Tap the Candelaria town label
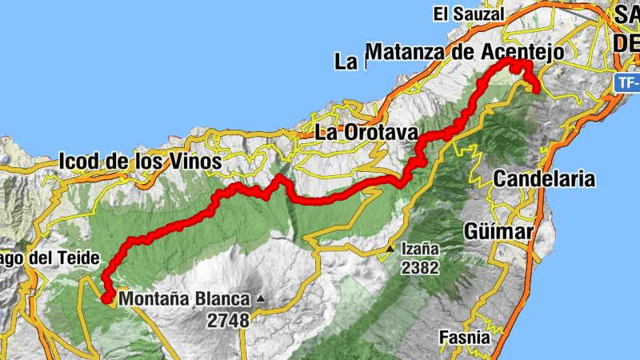544,178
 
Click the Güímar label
498,231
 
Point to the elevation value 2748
228,319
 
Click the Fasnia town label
464,338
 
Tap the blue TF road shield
629,82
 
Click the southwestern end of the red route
106,298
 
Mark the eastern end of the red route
536,90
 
